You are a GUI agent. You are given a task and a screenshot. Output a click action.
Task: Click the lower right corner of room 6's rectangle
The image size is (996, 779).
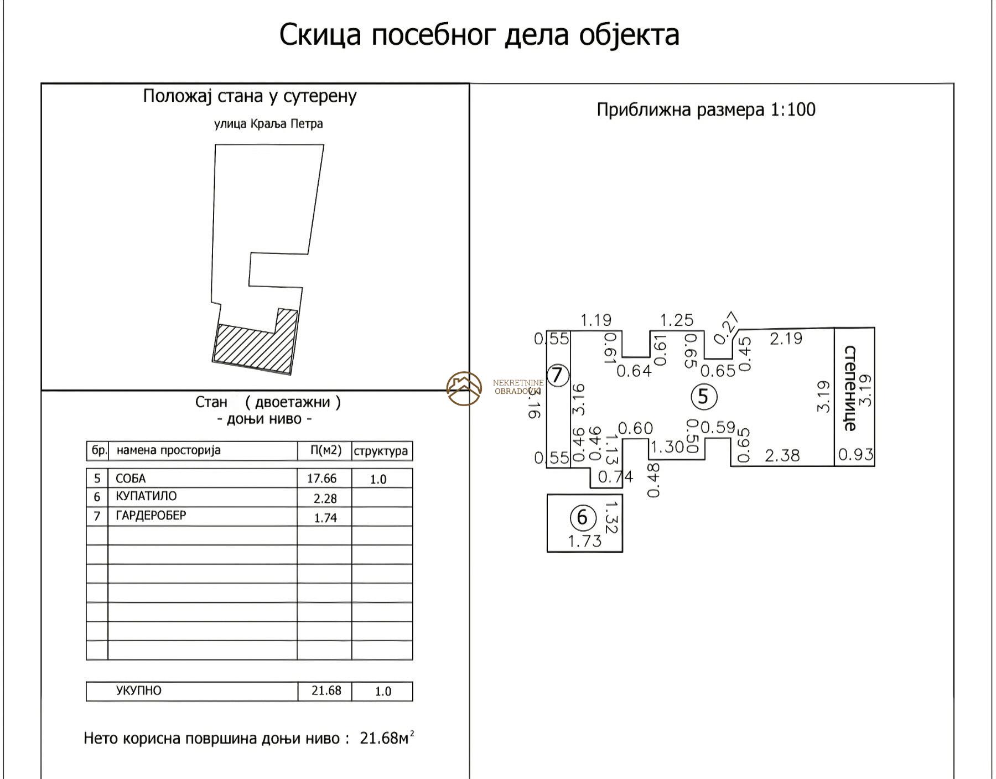click(622, 552)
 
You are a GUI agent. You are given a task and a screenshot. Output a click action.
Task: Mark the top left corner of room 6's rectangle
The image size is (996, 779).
click(547, 494)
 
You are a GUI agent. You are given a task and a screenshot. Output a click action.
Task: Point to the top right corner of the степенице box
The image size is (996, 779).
click(875, 328)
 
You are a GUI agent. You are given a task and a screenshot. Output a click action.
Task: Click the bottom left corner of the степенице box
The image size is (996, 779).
click(834, 466)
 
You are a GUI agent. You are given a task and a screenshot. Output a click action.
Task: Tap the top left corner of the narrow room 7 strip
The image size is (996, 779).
click(547, 331)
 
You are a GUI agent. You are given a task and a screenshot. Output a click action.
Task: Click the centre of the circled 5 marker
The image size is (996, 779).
click(704, 396)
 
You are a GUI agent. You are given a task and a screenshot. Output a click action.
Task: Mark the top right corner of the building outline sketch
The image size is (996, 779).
click(324, 145)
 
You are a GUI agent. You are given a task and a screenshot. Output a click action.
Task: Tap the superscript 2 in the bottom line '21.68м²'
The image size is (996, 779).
click(412, 733)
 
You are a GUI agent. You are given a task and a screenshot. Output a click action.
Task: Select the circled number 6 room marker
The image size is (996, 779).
click(582, 517)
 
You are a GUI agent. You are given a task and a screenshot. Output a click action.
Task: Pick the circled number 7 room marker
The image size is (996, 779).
click(558, 375)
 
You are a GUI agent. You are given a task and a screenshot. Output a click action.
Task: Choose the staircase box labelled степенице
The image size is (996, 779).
click(854, 397)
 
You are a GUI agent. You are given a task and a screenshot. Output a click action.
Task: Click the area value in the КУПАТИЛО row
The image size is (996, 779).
click(325, 498)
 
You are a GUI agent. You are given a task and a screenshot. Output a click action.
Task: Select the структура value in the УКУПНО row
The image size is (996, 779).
click(383, 691)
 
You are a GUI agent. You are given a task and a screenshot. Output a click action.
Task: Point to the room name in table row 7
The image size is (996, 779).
click(151, 516)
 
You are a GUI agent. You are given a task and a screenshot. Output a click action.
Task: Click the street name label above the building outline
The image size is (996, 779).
click(268, 123)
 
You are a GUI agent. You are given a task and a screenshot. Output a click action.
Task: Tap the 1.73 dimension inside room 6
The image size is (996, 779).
click(585, 541)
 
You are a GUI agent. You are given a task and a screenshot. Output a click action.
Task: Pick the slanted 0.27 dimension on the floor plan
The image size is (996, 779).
click(726, 328)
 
